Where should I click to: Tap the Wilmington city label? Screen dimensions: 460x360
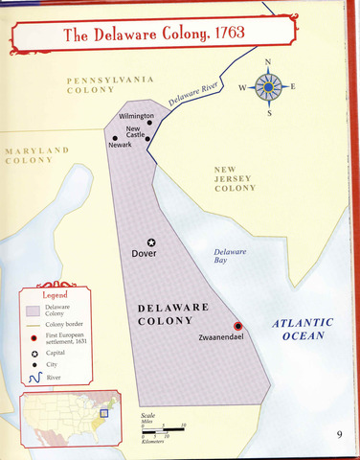click(x=135, y=116)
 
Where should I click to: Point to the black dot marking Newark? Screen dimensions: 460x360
click(x=116, y=138)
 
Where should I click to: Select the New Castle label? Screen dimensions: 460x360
click(x=135, y=133)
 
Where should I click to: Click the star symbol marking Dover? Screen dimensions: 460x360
click(x=150, y=242)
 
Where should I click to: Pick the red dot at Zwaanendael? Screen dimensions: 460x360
click(x=237, y=326)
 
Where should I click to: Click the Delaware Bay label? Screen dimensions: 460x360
click(x=230, y=255)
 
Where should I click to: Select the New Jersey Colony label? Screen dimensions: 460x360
click(x=235, y=178)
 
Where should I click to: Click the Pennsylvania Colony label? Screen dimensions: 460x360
click(x=101, y=84)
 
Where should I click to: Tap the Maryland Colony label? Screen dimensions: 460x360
click(x=35, y=155)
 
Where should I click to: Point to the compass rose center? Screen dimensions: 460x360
click(x=267, y=88)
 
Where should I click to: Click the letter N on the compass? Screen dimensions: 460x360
click(x=267, y=63)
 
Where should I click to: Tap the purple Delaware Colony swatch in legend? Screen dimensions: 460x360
click(x=34, y=310)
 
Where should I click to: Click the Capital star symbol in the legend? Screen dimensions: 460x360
click(x=34, y=355)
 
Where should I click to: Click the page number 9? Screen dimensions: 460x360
click(x=339, y=434)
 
